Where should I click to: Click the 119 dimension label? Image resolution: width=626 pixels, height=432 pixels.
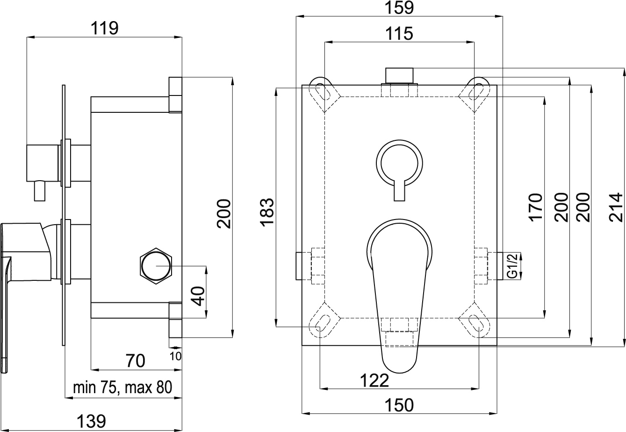105,29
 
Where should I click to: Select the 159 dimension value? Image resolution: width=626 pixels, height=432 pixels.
400,8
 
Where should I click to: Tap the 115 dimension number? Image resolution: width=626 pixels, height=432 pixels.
399,34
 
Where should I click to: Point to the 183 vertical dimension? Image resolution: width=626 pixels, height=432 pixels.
266,213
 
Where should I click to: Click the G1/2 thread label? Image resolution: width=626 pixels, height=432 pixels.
513,265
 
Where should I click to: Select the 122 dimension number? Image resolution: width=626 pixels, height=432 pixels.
374,381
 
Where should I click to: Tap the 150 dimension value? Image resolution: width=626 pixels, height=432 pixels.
400,405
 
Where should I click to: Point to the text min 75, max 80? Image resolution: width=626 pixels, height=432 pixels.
122,388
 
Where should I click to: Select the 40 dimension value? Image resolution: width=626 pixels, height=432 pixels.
199,296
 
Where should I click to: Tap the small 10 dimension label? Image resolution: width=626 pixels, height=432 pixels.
176,356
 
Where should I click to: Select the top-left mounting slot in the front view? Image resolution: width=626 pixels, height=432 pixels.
324,91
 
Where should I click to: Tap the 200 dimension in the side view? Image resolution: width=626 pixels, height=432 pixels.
225,213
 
